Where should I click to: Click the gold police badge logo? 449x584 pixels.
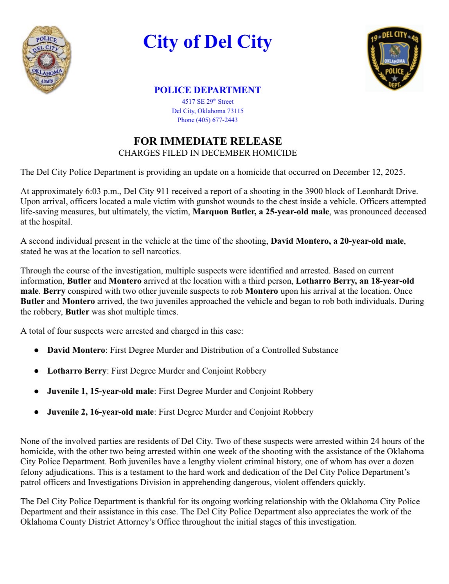tap(47, 60)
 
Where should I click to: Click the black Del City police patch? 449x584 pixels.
tap(394, 58)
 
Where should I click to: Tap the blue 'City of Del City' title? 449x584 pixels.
tap(207, 42)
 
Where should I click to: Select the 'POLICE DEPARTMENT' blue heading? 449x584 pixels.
tap(207, 90)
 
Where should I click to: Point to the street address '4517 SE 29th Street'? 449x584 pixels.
tap(207, 102)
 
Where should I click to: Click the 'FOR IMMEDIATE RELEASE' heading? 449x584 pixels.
tap(207, 141)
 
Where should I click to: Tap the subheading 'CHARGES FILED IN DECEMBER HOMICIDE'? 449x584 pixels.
tap(207, 153)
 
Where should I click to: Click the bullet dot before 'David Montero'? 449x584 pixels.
tap(36, 350)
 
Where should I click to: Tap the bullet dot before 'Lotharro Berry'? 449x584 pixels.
tap(36, 371)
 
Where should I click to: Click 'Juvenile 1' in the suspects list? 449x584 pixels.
tap(66, 391)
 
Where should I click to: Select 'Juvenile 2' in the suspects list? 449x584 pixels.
tap(66, 412)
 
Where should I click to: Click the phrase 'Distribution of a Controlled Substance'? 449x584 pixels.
tap(269, 350)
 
